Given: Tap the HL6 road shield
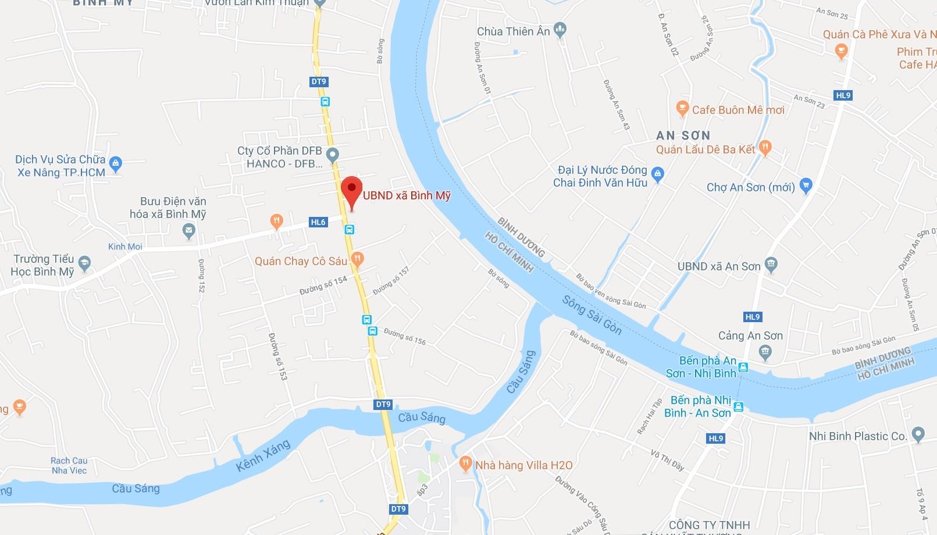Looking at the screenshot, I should click(x=318, y=222).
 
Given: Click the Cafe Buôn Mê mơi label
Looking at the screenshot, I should click(x=738, y=110).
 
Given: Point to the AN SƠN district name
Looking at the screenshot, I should click(x=683, y=135).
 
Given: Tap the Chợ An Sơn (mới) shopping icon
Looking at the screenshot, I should click(x=806, y=186).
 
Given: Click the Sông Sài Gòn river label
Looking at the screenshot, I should click(x=592, y=315).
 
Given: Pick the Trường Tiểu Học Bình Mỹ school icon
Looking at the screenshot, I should click(x=85, y=263).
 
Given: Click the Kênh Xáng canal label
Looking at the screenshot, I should click(x=263, y=455).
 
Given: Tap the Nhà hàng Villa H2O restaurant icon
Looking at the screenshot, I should click(x=465, y=463).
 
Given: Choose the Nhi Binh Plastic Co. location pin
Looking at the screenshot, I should click(x=918, y=434).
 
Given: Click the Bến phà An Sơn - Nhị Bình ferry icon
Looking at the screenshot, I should click(x=743, y=368).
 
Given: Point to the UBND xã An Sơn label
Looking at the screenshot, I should click(x=719, y=266).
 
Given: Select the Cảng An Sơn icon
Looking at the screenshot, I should click(x=765, y=351).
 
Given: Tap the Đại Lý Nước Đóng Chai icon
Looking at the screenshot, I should click(x=658, y=173).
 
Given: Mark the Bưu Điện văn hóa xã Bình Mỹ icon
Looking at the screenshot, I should click(x=188, y=231).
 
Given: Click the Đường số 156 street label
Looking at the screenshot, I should click(x=405, y=336).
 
